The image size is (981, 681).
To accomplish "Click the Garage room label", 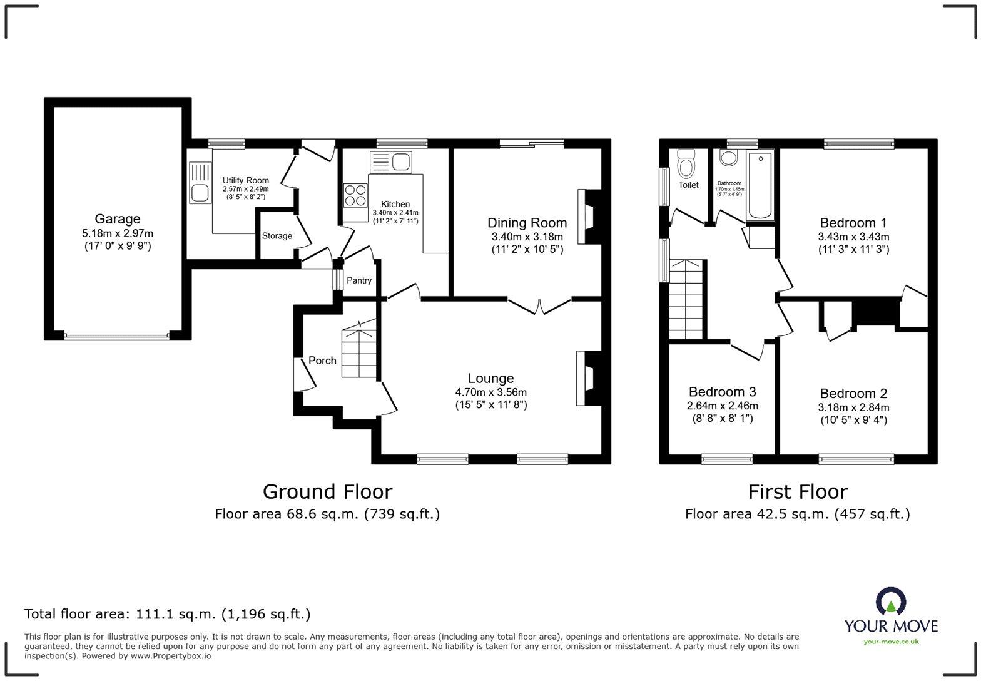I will (x=117, y=219).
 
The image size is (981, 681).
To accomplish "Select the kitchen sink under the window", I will (x=390, y=162).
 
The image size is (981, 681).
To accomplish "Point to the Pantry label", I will (x=359, y=280).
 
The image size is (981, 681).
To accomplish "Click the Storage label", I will (x=277, y=236).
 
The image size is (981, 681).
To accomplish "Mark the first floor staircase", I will (x=686, y=300).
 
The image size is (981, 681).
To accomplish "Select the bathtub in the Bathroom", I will (x=761, y=185).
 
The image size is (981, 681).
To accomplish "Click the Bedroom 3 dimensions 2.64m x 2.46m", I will (x=722, y=406).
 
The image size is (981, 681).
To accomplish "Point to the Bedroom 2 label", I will (x=853, y=394).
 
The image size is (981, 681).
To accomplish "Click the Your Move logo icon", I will (x=890, y=601).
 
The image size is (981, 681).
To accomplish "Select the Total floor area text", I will (x=167, y=614).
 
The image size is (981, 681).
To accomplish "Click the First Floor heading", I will (x=798, y=492).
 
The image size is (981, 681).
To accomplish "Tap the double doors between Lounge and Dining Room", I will (x=539, y=306).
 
